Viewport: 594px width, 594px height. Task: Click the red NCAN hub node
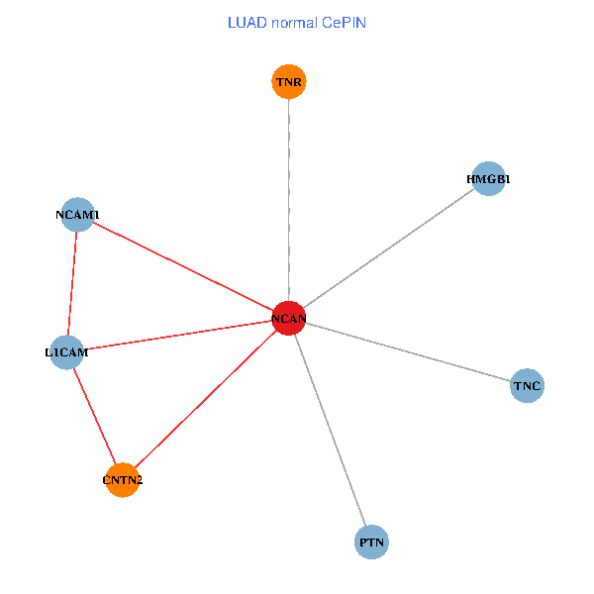(288, 318)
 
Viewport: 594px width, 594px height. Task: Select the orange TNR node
(289, 81)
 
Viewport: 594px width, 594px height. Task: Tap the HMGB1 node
(488, 179)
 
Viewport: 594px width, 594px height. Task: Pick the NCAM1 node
(77, 215)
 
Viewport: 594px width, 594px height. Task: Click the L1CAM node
(66, 352)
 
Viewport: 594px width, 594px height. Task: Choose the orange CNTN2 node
(122, 480)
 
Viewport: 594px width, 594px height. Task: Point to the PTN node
(371, 543)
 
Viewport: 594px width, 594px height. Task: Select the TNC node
(528, 385)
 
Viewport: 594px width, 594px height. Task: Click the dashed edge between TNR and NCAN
(289, 198)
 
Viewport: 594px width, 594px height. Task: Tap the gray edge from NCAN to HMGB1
(388, 248)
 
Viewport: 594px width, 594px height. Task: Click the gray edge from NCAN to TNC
(408, 351)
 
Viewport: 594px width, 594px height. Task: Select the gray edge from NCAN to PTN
(330, 430)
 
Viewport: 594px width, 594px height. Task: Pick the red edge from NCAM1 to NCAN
(183, 266)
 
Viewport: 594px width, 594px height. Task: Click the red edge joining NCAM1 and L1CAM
(72, 283)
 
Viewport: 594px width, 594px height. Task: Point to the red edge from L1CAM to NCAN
(178, 336)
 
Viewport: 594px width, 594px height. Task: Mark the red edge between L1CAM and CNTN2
(94, 416)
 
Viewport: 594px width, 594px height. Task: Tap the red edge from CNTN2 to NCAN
(205, 399)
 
